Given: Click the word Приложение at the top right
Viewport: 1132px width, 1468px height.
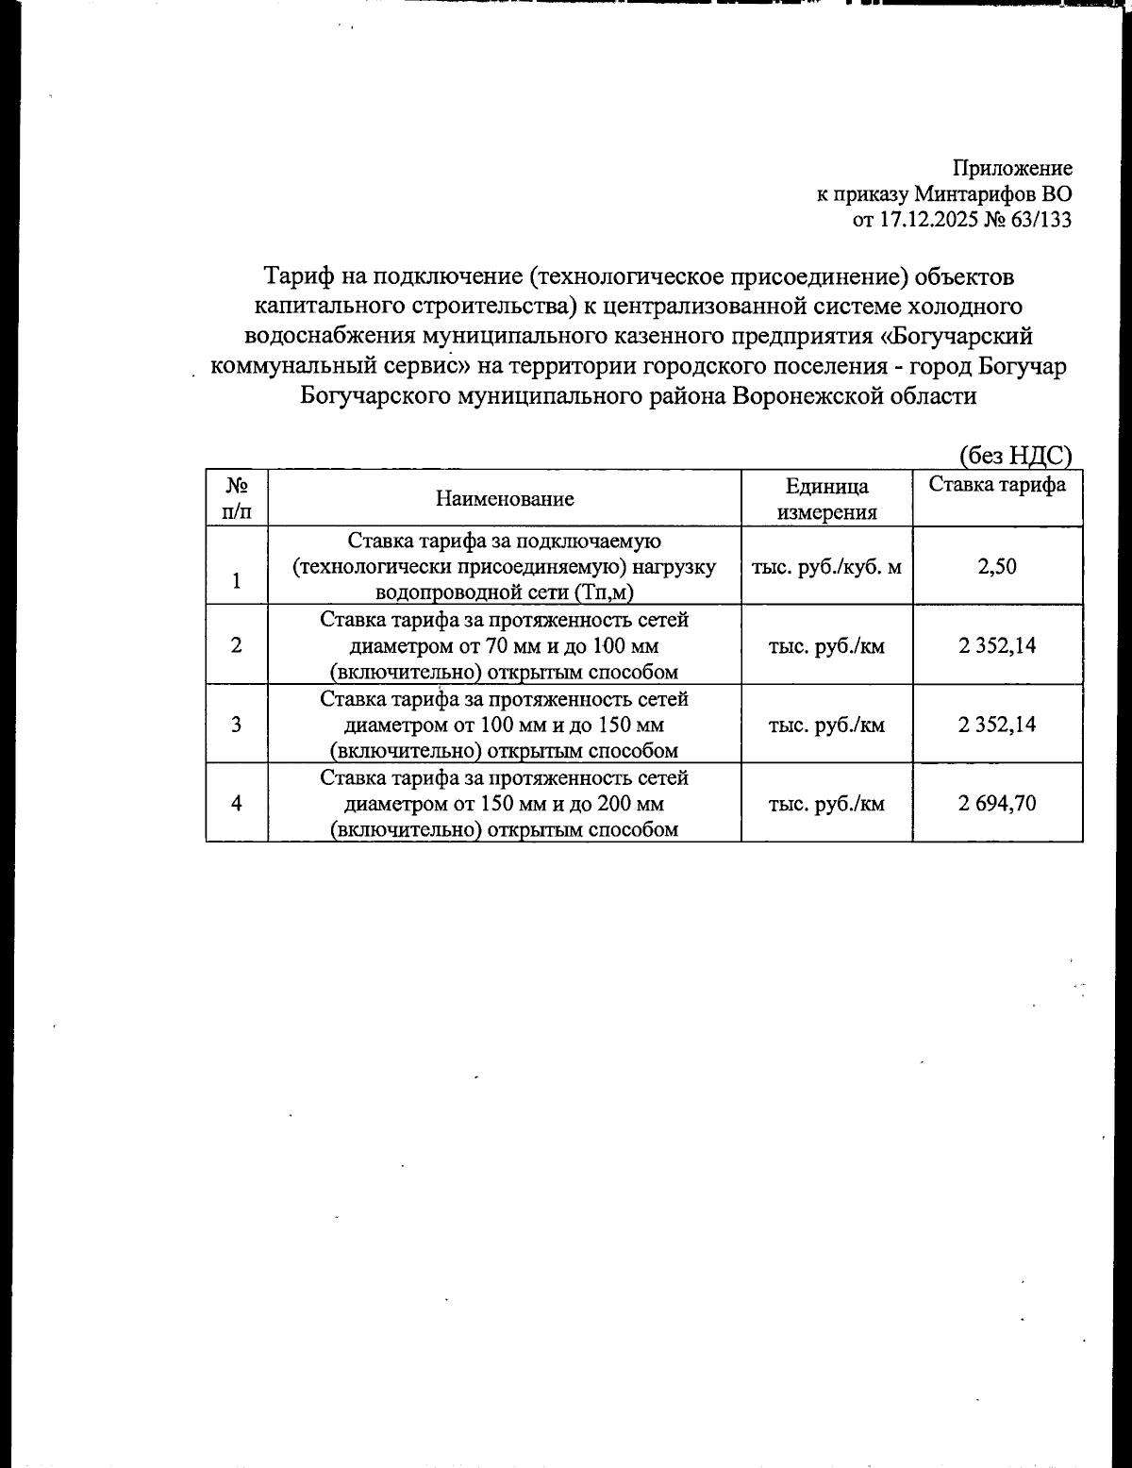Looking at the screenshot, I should pos(1012,169).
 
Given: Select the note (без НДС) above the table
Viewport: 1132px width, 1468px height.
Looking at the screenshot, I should pos(1015,456).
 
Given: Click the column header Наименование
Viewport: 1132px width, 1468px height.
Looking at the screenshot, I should pos(505,499).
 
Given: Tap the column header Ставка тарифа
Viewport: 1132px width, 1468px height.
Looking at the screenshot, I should pos(997,485).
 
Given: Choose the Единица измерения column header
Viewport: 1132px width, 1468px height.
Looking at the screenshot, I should pos(826,499).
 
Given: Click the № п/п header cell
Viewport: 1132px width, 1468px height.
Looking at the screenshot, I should pos(236,499).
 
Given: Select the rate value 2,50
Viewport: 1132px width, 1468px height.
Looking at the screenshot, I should pos(997,567).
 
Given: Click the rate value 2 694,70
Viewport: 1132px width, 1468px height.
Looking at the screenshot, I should pos(997,804).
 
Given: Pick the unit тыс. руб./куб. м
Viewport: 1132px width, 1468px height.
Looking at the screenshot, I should pos(826,567).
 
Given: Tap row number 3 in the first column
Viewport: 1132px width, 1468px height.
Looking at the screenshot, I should pos(236,725).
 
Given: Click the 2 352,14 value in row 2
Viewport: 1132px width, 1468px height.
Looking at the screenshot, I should pos(997,646).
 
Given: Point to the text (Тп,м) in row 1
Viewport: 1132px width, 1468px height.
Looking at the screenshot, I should pos(604,592).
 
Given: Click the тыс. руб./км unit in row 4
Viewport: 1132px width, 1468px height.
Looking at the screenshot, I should pos(826,804).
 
